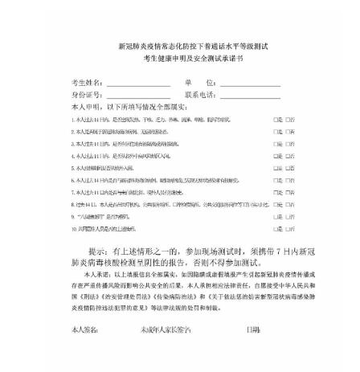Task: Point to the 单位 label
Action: coord(200,83)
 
